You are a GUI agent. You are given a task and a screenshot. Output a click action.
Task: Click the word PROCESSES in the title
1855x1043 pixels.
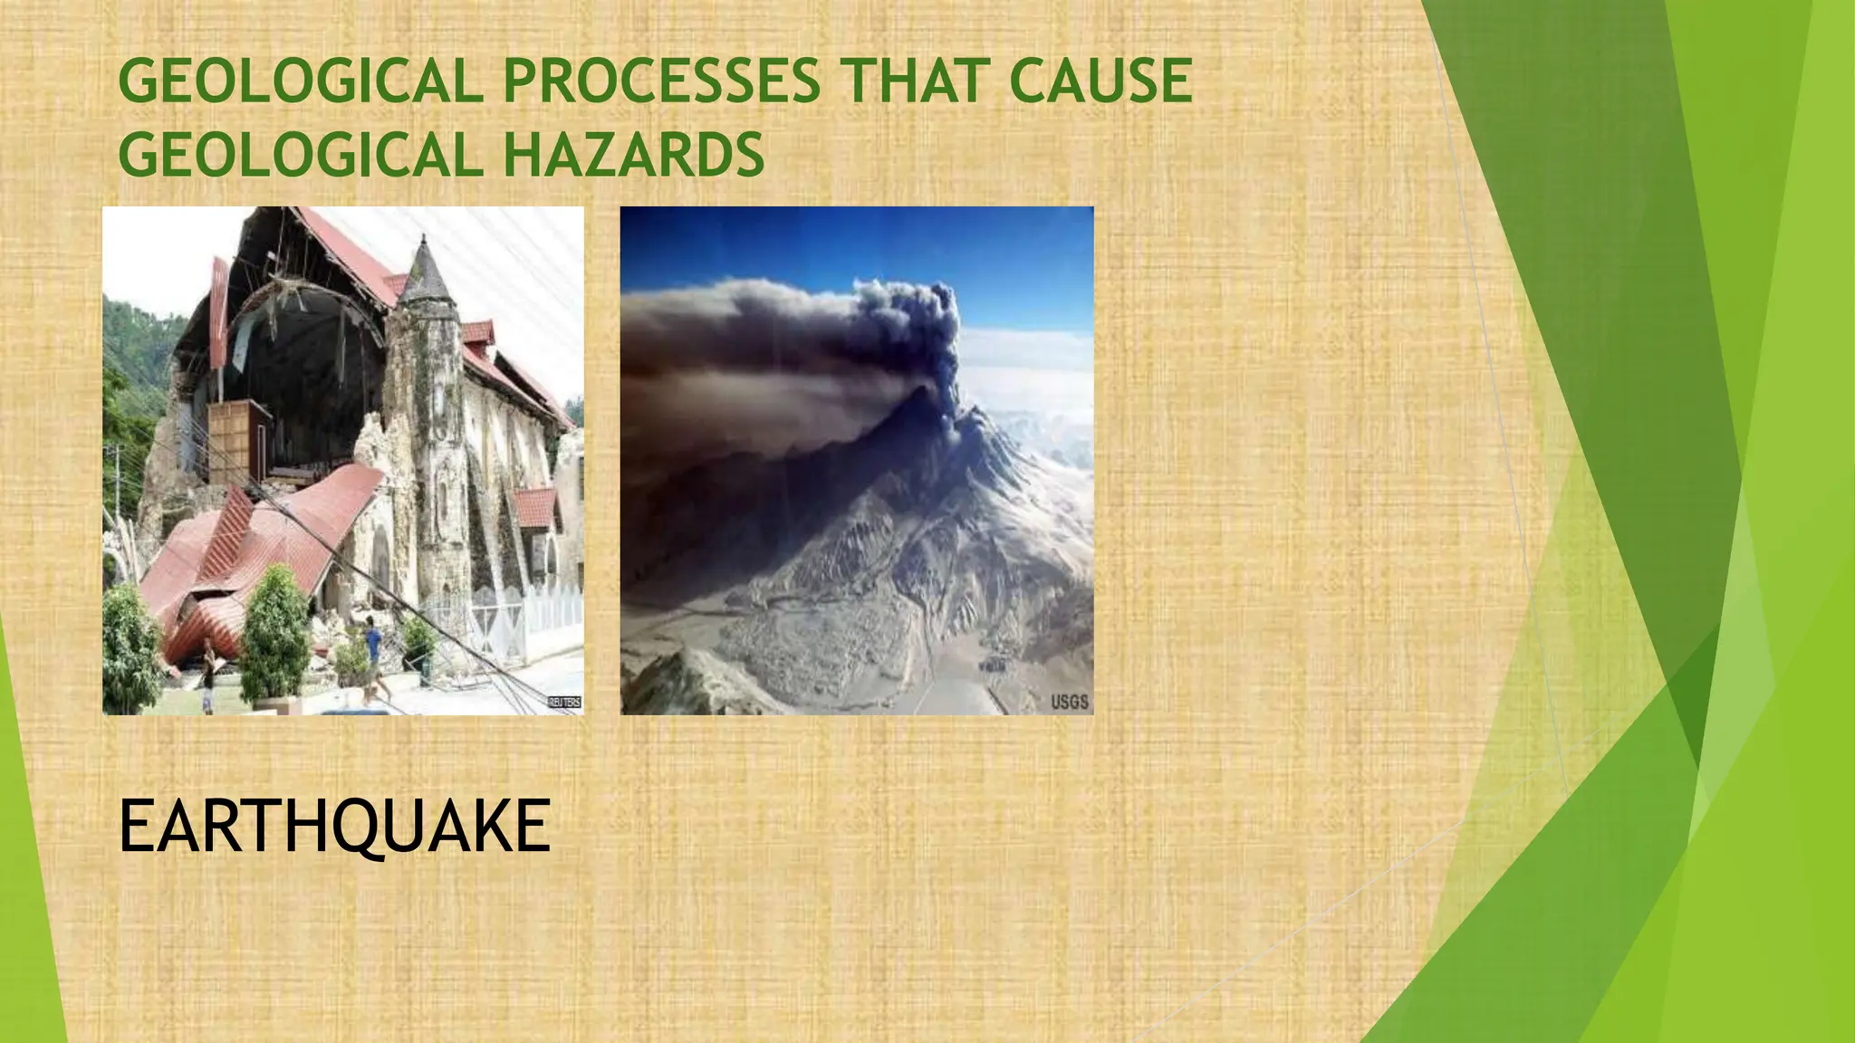(661, 81)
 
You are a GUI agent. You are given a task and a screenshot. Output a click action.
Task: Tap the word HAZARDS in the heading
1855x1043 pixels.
(633, 155)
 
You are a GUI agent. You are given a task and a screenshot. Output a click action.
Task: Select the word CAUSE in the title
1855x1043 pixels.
(1100, 81)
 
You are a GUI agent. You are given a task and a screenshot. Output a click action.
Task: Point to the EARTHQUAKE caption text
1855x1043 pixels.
(334, 827)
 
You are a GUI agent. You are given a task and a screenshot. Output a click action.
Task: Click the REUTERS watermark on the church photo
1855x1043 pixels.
(564, 703)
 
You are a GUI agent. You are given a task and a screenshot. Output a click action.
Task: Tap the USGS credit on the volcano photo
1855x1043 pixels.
(1069, 702)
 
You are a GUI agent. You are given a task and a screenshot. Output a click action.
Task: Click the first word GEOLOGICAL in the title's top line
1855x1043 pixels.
(300, 81)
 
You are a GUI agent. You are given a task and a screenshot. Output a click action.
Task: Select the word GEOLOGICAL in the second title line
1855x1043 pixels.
(300, 155)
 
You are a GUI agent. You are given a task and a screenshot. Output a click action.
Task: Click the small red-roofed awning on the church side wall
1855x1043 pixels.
(534, 507)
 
